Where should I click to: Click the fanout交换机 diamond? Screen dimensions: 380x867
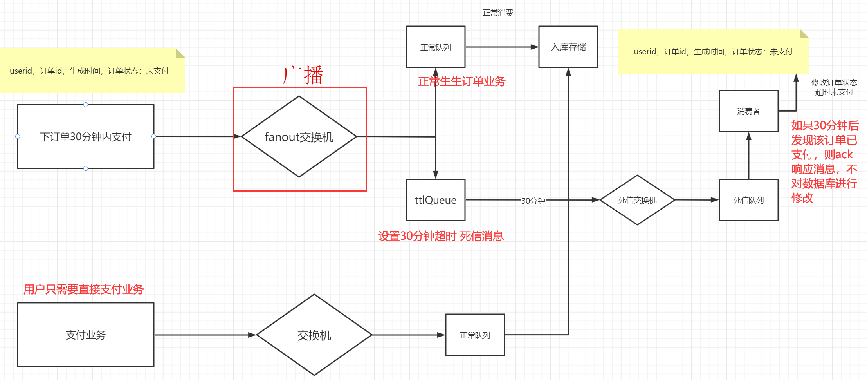click(299, 137)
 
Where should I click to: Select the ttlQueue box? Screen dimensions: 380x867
click(435, 200)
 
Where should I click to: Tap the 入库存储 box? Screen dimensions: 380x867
click(568, 47)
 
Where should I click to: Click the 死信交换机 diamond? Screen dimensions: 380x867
click(637, 200)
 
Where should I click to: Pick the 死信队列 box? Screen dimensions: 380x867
click(748, 200)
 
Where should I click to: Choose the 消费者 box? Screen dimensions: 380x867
click(748, 111)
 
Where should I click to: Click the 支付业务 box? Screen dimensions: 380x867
click(85, 335)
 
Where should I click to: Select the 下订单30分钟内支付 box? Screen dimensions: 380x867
click(85, 137)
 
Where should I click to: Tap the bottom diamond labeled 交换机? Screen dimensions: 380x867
click(314, 335)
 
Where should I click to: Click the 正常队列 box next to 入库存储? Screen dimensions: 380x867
click(435, 47)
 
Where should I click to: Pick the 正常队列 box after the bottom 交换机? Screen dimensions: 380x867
click(475, 335)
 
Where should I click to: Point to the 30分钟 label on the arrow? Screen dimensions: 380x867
click(533, 201)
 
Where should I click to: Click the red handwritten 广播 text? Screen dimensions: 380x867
click(303, 75)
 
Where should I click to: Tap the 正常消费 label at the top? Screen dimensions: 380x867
click(497, 13)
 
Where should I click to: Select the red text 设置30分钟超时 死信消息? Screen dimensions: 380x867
click(441, 236)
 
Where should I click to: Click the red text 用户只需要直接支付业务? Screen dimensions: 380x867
click(83, 290)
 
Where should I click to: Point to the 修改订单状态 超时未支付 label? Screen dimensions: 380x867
click(834, 87)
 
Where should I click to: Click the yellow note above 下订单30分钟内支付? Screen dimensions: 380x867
click(90, 71)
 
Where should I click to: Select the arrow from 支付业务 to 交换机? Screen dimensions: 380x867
click(204, 335)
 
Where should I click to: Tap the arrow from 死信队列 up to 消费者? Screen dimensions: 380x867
click(748, 157)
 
